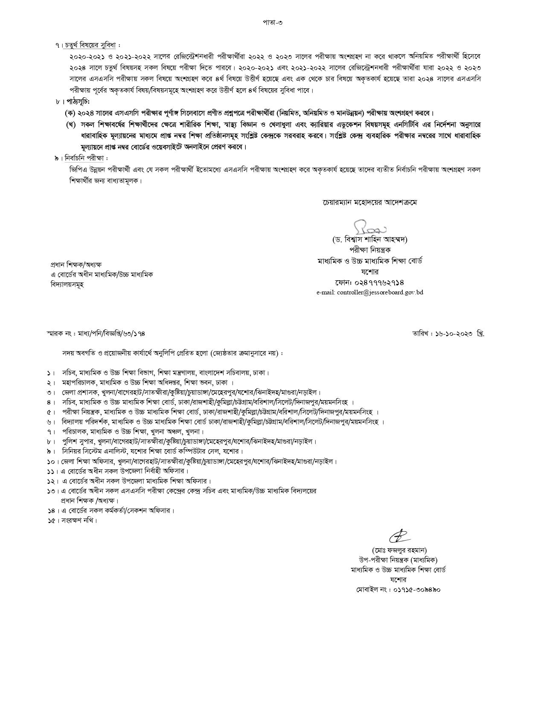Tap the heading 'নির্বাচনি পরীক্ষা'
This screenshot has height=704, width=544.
point(84,159)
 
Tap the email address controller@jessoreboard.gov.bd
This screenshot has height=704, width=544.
point(370,293)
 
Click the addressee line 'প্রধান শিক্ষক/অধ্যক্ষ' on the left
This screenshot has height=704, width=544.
point(76,265)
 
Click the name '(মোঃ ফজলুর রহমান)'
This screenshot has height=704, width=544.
point(399,550)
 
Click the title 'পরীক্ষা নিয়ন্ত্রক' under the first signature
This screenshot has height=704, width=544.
point(369,250)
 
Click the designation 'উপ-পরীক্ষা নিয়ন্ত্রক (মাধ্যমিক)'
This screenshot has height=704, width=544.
point(399,560)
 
